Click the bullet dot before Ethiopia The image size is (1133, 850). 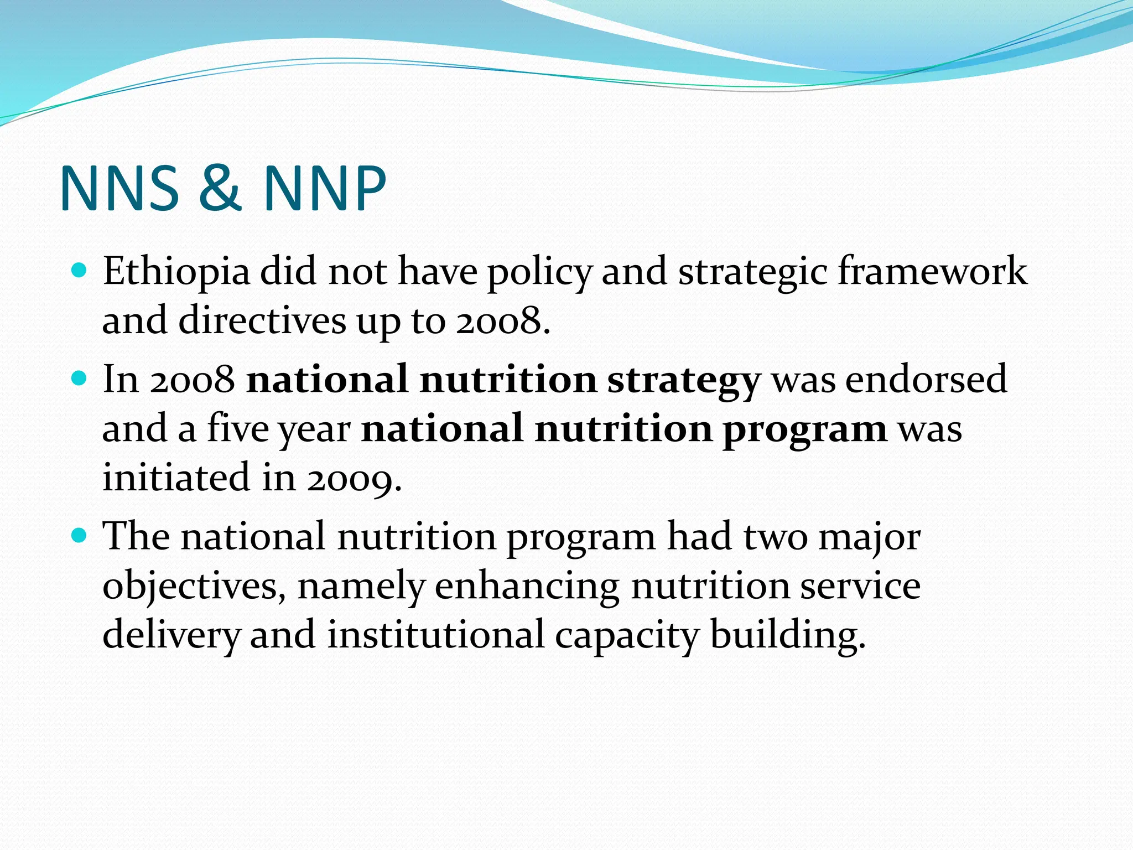[x=80, y=271]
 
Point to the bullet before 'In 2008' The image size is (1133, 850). [x=80, y=379]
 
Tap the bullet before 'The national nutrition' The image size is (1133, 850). [x=80, y=535]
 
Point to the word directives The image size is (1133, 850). [x=262, y=321]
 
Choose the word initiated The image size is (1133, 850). [x=176, y=477]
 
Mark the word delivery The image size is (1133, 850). [x=171, y=635]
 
